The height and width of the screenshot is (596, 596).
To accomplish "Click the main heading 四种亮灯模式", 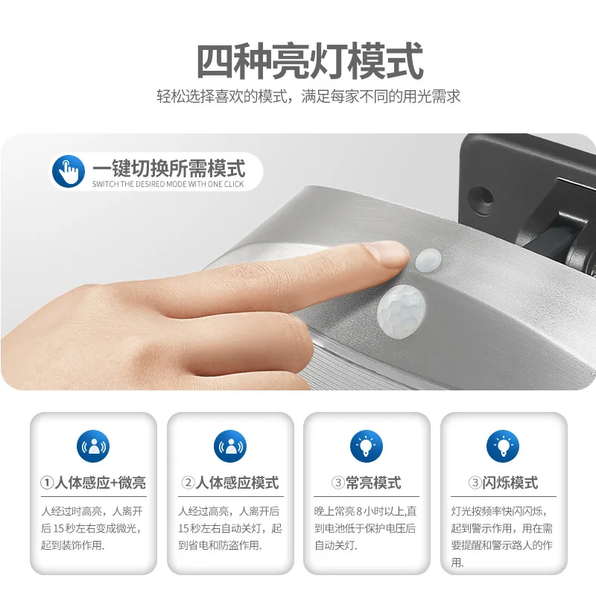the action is [310, 61].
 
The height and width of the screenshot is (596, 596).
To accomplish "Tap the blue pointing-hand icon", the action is [69, 171].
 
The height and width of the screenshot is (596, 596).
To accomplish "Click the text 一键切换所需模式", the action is [169, 168].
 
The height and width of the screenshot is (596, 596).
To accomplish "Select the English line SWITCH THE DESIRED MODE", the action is [168, 184].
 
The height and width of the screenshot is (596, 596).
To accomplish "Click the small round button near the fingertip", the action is [428, 260].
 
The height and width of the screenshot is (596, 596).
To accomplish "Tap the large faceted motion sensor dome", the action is [401, 311].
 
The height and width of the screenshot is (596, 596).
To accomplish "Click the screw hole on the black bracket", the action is [481, 198].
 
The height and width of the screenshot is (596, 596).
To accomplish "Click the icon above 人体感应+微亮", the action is [93, 446].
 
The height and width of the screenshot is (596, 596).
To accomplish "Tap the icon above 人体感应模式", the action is [230, 446].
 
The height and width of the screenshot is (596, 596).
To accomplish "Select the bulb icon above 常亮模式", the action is [367, 446].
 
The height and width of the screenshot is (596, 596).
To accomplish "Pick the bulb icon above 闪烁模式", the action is [503, 446].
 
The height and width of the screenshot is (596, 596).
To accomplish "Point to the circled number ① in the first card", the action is [47, 483].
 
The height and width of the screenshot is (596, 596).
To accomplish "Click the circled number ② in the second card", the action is [188, 483].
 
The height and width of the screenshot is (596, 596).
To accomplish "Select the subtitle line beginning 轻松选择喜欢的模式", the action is [308, 97].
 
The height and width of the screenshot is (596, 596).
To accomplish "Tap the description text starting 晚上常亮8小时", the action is [365, 528].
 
